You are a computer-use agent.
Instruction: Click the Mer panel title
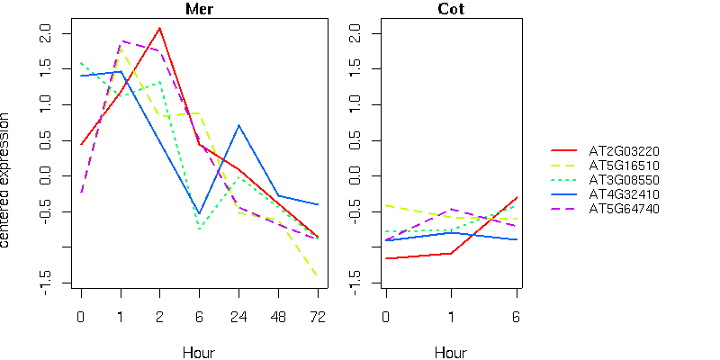[199, 10]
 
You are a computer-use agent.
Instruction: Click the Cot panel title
[451, 10]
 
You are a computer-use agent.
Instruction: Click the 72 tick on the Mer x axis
[318, 317]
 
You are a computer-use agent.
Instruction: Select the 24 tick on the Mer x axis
[238, 317]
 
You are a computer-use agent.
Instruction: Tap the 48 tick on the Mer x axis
[278, 317]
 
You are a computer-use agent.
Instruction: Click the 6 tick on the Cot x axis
[517, 317]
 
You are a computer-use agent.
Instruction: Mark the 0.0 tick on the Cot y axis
[353, 176]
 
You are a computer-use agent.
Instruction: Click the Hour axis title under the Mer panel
[199, 352]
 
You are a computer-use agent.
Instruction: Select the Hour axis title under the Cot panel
[451, 352]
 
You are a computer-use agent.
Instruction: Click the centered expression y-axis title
[6, 180]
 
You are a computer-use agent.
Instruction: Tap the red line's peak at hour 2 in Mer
[159, 28]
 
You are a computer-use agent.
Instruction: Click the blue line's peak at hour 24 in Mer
[238, 125]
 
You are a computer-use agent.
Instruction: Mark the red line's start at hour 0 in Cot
[385, 258]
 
